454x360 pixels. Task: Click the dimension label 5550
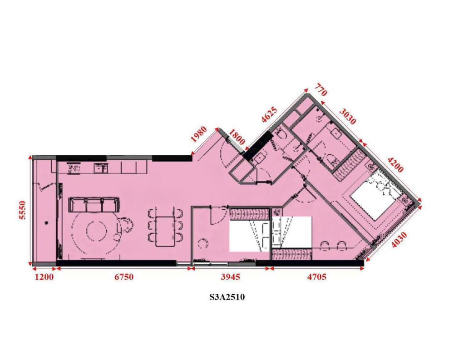[23, 210]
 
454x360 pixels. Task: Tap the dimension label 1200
[44, 277]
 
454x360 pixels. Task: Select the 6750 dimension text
[124, 277]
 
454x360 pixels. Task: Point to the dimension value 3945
[230, 277]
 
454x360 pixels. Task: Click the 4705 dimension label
[316, 277]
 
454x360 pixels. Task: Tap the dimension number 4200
[395, 165]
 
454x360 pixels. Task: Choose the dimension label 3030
[347, 116]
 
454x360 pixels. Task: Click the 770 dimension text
[321, 90]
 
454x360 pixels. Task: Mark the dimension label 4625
[269, 115]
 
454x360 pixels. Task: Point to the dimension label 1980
[199, 134]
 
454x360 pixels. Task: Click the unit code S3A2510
[227, 297]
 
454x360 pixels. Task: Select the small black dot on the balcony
[46, 223]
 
